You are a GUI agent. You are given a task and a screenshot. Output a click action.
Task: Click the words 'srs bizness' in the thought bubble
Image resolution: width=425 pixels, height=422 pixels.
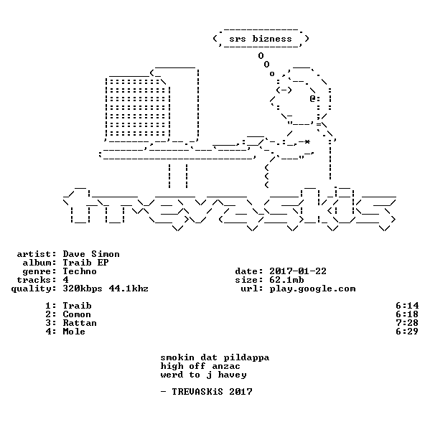click(x=261, y=39)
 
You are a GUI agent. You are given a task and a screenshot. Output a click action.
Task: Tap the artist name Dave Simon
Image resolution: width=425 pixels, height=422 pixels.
click(x=91, y=254)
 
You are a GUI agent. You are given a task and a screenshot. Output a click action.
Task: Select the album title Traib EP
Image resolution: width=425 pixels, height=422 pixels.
click(x=85, y=263)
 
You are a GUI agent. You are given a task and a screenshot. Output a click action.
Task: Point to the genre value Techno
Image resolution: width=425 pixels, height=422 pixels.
click(x=80, y=271)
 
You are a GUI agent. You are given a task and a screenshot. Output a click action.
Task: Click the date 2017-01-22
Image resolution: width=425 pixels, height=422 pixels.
click(x=298, y=271)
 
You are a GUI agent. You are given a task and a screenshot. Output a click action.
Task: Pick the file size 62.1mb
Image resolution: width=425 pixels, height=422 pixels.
click(x=286, y=280)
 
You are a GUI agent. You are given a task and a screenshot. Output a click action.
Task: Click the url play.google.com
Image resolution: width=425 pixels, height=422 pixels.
click(x=312, y=289)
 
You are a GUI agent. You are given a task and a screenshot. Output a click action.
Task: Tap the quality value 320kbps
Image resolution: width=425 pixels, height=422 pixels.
click(x=83, y=289)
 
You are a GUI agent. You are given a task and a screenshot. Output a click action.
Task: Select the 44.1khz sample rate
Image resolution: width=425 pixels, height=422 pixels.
click(x=129, y=289)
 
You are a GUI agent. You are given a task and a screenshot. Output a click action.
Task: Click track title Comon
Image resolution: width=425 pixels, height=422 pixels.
click(x=77, y=314)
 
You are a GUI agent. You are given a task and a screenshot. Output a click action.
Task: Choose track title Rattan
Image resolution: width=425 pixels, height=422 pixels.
click(x=80, y=323)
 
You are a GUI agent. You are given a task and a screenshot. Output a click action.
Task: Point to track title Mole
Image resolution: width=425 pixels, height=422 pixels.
click(x=74, y=332)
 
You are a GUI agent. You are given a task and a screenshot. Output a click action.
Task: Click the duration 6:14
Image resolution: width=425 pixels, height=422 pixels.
click(x=407, y=306)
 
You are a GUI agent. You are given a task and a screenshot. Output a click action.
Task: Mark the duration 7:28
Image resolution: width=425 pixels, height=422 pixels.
click(x=407, y=323)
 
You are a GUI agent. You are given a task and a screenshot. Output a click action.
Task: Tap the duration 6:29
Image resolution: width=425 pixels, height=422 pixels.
click(x=407, y=332)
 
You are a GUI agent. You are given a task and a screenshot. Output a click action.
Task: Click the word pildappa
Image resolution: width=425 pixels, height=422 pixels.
click(x=246, y=357)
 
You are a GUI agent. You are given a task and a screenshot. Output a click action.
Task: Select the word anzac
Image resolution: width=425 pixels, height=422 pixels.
click(x=226, y=367)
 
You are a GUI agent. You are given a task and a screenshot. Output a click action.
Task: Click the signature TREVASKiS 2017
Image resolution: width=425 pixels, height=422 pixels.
click(x=212, y=392)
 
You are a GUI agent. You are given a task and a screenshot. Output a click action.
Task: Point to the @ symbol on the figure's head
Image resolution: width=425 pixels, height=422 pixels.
click(x=313, y=98)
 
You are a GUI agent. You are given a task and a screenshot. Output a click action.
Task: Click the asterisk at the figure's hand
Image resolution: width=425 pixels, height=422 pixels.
click(x=307, y=142)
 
